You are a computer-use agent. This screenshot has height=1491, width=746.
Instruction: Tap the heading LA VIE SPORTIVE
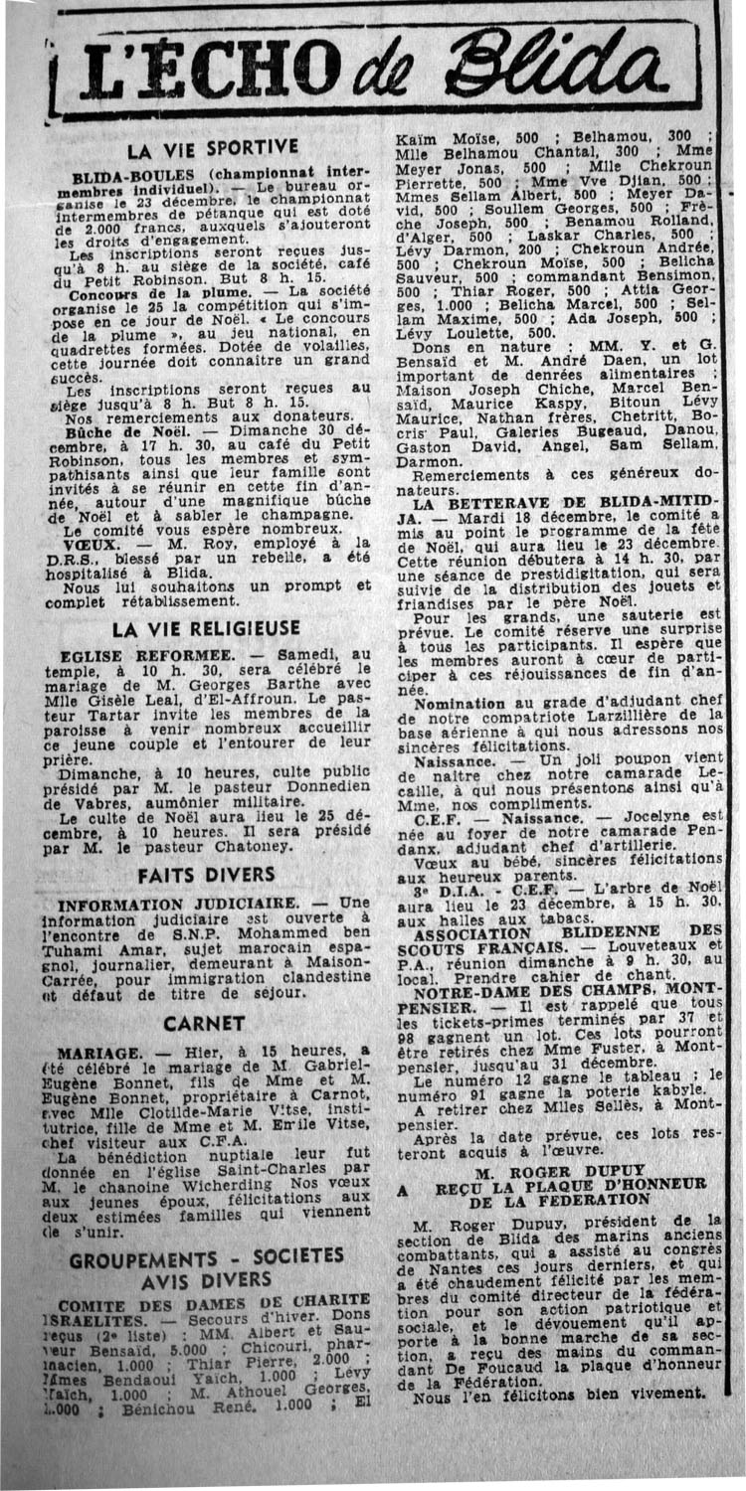(x=213, y=149)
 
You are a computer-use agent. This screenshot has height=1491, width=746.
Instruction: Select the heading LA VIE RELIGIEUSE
(x=206, y=628)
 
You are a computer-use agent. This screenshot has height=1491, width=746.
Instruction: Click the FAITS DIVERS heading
(x=207, y=875)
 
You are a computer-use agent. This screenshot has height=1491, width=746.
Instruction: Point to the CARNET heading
(x=204, y=1023)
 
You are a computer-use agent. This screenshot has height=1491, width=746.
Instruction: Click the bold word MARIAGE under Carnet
(x=96, y=1052)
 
